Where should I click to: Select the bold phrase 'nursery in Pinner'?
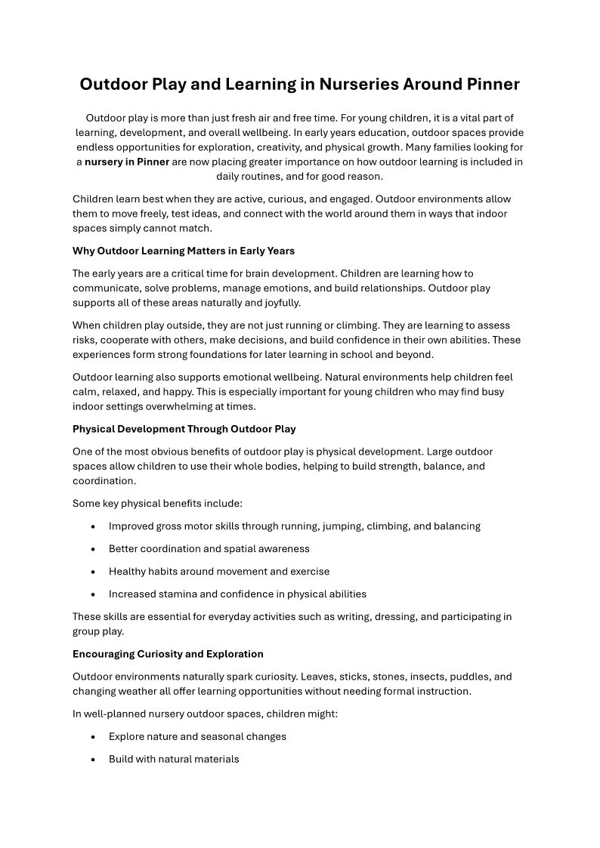127,162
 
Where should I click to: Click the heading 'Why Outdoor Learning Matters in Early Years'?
184,251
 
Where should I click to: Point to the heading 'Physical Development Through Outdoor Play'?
184,429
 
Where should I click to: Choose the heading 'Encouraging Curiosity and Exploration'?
168,653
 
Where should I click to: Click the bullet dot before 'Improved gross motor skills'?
93,526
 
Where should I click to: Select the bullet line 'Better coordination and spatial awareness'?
209,549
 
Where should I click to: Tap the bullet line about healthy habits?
218,572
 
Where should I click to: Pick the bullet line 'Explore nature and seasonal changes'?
197,736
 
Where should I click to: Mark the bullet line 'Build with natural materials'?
174,759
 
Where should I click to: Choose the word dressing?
394,616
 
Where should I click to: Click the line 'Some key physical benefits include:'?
157,504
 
